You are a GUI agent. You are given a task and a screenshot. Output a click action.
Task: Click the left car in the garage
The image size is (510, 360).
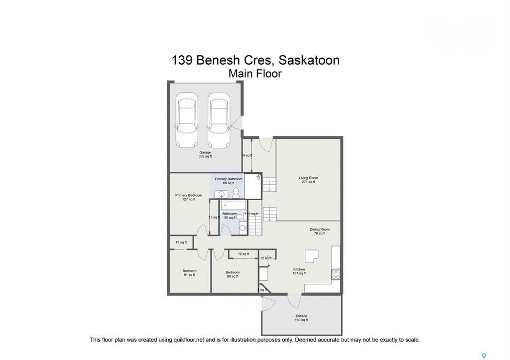pyautogui.click(x=187, y=120)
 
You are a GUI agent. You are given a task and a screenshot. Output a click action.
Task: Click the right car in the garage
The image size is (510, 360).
pyautogui.click(x=219, y=120)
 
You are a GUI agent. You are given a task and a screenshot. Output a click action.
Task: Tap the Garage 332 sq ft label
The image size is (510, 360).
pyautogui.click(x=205, y=154)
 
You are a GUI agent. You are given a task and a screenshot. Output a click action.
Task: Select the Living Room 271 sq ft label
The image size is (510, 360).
pyautogui.click(x=308, y=180)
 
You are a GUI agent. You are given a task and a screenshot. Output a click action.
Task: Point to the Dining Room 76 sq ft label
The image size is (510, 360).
pyautogui.click(x=319, y=231)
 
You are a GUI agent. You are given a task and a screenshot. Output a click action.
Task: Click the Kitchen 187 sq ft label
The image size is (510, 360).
pyautogui.click(x=299, y=271)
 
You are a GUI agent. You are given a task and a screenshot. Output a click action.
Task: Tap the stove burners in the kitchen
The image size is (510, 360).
pyautogui.click(x=336, y=274)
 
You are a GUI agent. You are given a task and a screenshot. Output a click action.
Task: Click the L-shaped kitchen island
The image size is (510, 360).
pyautogui.click(x=312, y=256)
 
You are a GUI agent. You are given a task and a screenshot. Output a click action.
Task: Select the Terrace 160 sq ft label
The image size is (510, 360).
pyautogui.click(x=301, y=318)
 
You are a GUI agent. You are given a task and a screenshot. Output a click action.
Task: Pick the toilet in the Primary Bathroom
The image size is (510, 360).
pyautogui.click(x=236, y=192)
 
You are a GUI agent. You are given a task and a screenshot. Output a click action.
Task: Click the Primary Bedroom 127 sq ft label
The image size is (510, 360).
pyautogui.click(x=189, y=197)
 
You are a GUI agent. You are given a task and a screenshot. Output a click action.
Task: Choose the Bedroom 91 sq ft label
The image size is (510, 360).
pyautogui.click(x=189, y=273)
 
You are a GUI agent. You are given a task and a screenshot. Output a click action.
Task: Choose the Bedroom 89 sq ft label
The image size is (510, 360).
pyautogui.click(x=233, y=274)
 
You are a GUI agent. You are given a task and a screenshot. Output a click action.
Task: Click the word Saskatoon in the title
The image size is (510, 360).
pyautogui.click(x=309, y=60)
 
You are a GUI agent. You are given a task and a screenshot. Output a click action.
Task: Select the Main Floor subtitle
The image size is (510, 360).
pyautogui.click(x=255, y=74)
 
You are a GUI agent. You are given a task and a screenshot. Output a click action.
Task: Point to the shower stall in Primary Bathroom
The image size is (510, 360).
pyautogui.click(x=253, y=186)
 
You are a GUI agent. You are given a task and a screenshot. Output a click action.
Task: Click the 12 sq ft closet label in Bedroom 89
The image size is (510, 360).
pyautogui.click(x=243, y=254)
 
